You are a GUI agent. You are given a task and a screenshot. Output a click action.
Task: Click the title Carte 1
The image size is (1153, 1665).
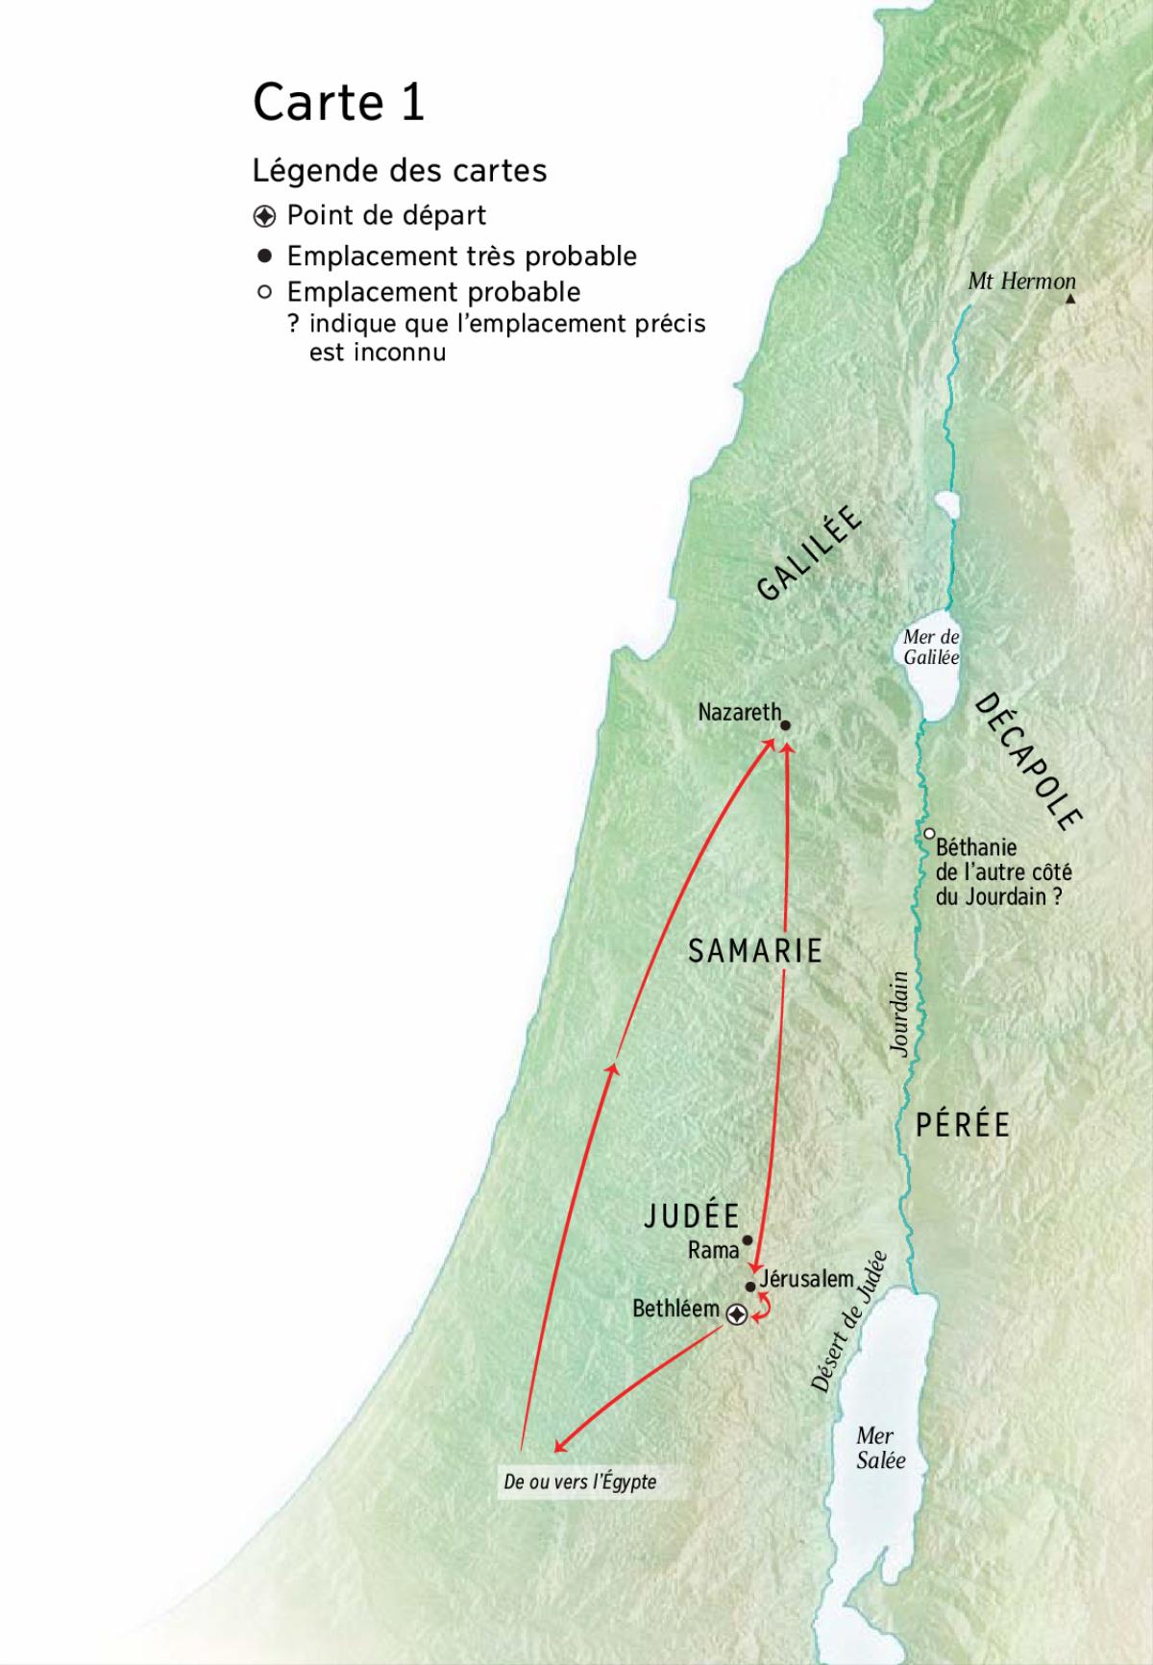(338, 102)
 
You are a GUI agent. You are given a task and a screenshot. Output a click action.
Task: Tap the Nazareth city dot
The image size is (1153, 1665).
(785, 726)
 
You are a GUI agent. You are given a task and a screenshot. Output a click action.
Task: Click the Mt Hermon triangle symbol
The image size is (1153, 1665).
(1070, 300)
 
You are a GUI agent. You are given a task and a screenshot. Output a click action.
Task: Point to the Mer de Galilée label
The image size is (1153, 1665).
(931, 648)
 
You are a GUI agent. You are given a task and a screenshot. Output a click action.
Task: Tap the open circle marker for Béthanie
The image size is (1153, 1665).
(930, 834)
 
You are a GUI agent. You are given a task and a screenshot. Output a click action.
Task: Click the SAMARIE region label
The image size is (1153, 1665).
(756, 951)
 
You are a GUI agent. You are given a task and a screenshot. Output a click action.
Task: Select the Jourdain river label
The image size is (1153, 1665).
(899, 1015)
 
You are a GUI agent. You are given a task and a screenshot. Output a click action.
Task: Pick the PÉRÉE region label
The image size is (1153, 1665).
(963, 1125)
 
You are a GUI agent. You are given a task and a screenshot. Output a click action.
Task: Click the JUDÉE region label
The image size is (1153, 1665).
(691, 1216)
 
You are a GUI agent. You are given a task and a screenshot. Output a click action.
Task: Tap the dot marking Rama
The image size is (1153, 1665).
(748, 1240)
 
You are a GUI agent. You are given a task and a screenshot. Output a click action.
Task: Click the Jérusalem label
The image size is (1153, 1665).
(806, 1279)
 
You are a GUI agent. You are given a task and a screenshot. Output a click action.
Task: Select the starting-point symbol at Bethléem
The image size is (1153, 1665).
(736, 1315)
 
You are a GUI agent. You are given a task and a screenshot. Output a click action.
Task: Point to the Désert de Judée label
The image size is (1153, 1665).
(849, 1322)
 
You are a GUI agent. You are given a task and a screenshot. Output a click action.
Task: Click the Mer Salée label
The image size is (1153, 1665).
(880, 1448)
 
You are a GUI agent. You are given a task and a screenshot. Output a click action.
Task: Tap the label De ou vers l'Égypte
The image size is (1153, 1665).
(579, 1481)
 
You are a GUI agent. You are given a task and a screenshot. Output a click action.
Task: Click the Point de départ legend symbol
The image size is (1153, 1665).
(264, 215)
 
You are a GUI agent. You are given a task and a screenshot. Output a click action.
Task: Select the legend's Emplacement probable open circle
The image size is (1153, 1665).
(264, 291)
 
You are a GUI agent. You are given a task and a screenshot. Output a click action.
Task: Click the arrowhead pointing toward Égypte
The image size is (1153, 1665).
(558, 1448)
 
